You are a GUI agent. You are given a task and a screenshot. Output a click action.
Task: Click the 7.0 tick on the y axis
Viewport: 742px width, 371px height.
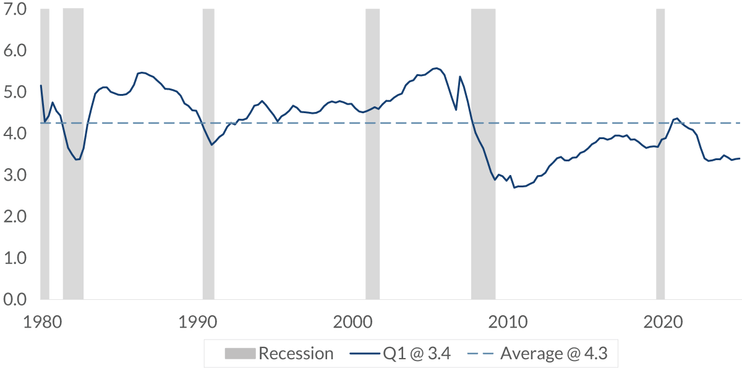click(x=14, y=9)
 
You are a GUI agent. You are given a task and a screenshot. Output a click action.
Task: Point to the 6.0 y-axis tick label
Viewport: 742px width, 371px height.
click(x=14, y=51)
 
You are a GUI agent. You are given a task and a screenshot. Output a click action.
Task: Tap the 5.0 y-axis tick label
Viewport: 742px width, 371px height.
click(x=14, y=92)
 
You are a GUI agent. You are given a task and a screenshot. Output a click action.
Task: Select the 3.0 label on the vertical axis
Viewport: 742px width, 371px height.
click(x=14, y=175)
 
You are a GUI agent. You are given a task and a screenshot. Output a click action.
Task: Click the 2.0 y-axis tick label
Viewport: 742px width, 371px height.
click(x=14, y=216)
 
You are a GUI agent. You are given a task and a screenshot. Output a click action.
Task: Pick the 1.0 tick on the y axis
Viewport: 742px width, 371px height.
click(x=14, y=258)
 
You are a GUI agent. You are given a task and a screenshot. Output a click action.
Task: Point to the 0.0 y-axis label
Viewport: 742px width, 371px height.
click(x=14, y=299)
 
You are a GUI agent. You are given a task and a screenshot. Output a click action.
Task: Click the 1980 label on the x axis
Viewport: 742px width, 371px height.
click(x=41, y=322)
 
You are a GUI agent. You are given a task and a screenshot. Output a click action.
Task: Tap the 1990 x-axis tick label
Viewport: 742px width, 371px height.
click(x=197, y=322)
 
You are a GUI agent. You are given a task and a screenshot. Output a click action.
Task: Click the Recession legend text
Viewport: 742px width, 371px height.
click(x=296, y=354)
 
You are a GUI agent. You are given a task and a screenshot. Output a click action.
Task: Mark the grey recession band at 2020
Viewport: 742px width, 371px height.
click(x=660, y=155)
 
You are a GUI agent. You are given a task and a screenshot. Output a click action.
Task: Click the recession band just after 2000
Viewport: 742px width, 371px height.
click(x=372, y=155)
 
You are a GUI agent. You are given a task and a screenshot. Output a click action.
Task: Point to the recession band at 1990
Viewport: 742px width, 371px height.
click(x=208, y=155)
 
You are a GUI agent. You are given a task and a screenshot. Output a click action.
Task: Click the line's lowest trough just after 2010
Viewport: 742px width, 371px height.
click(x=514, y=187)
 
